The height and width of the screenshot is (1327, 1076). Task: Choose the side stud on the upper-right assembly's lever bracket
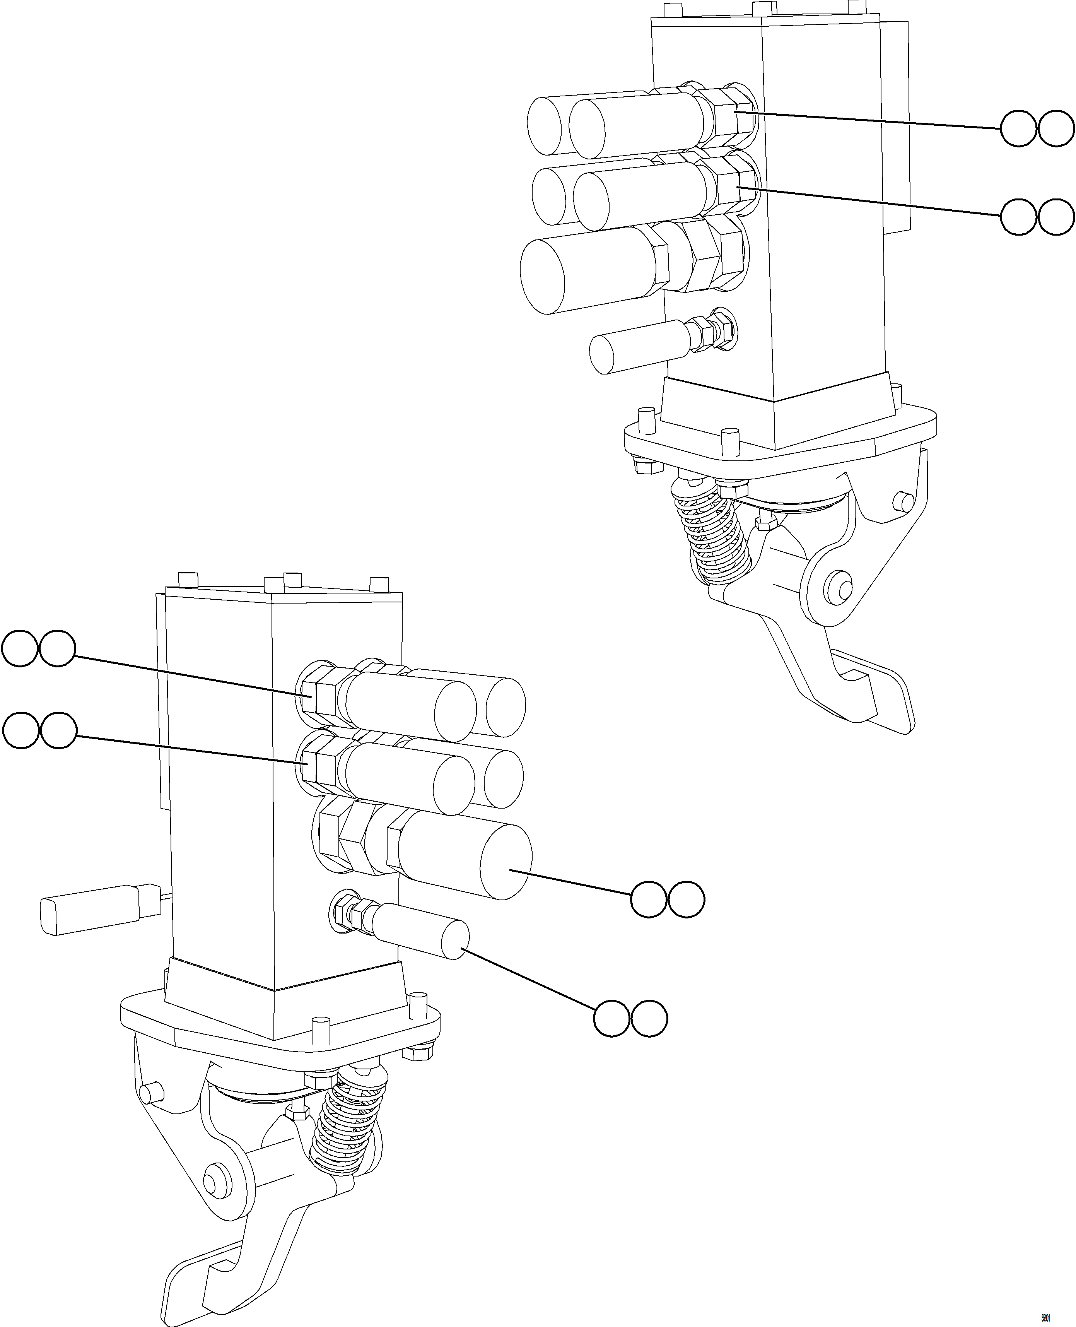903,501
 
